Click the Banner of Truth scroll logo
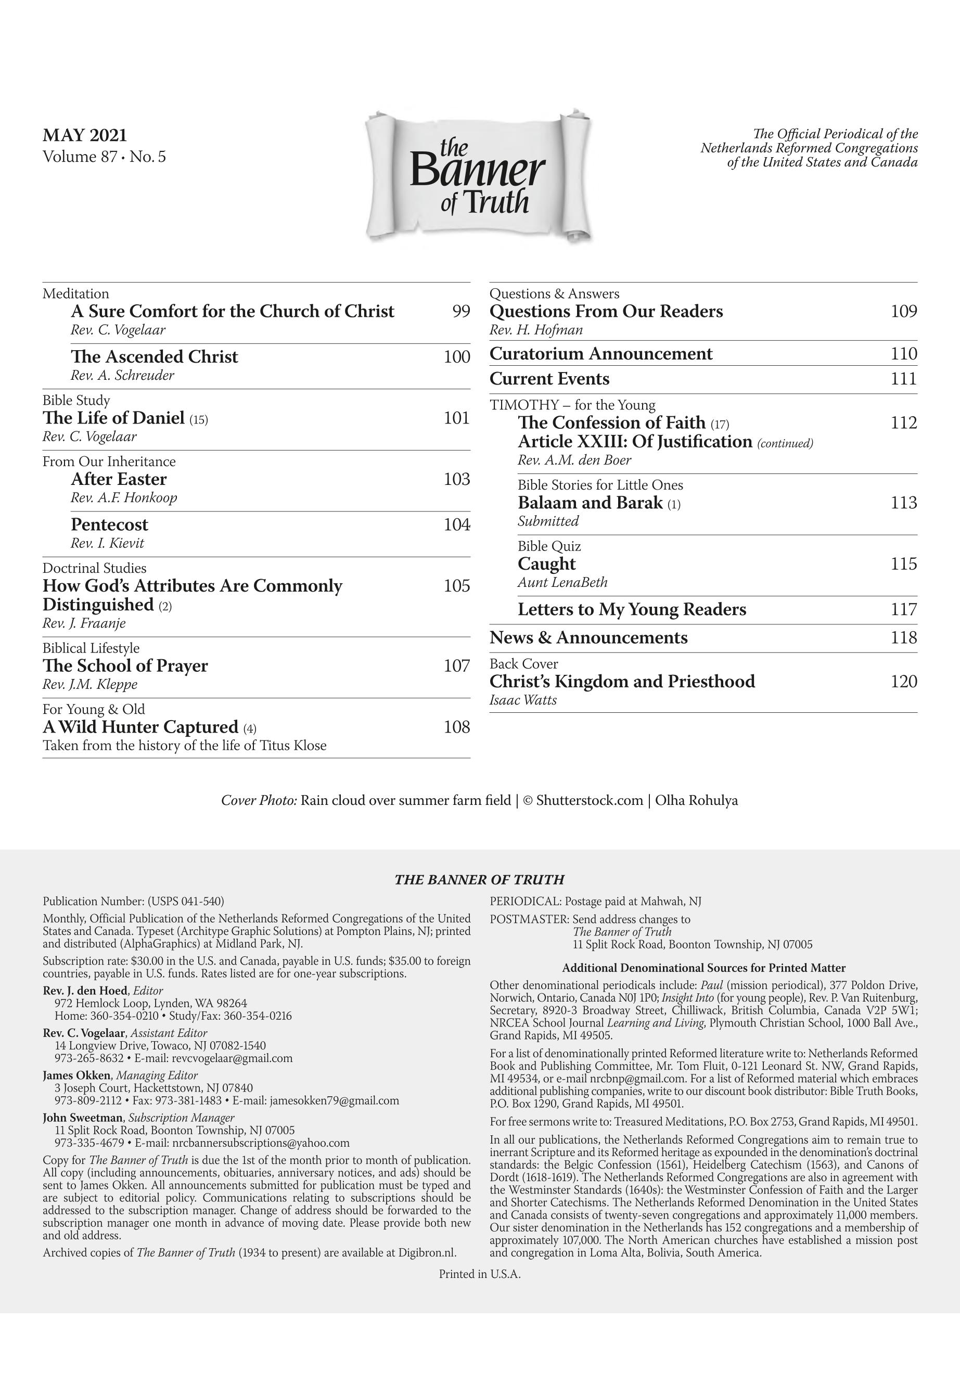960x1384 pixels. point(478,176)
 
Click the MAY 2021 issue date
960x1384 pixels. point(85,135)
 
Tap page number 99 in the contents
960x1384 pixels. point(461,312)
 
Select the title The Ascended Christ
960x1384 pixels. point(155,357)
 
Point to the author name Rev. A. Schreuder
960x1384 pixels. point(122,375)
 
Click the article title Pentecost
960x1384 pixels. point(109,524)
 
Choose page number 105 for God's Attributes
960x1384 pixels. point(456,586)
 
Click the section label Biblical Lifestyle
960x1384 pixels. point(91,648)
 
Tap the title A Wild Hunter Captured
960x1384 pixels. point(141,727)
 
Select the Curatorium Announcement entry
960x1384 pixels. point(601,354)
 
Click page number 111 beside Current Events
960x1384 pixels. point(903,379)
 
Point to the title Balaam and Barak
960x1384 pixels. point(590,503)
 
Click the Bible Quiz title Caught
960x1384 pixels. point(547,564)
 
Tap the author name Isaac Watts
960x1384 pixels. point(523,700)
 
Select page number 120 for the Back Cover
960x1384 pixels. point(903,682)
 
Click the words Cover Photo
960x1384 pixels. point(259,801)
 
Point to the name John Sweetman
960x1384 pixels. point(82,1118)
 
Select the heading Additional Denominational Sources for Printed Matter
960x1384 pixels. point(704,968)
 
